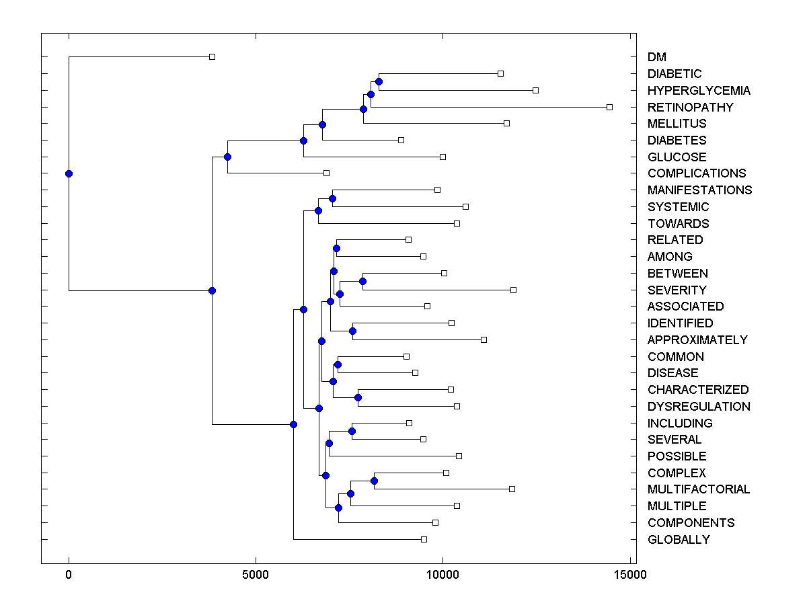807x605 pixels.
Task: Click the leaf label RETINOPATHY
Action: click(690, 107)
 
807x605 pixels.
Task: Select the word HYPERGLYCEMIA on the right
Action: click(699, 91)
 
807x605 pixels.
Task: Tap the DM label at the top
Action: click(657, 57)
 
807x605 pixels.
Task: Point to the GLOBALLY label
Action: click(679, 540)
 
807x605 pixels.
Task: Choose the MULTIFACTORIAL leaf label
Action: click(699, 489)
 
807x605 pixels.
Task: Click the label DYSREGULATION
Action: click(699, 407)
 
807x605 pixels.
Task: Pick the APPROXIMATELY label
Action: click(697, 340)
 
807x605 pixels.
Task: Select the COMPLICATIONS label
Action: click(697, 173)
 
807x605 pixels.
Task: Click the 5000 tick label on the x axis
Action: click(256, 575)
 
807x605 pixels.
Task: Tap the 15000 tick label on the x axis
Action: click(630, 575)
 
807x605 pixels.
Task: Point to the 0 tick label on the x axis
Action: click(69, 575)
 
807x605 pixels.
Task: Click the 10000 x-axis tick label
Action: click(443, 575)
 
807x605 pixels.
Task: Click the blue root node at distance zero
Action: click(69, 173)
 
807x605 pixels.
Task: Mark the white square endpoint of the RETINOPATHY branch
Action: click(610, 107)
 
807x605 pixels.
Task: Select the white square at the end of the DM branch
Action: click(212, 56)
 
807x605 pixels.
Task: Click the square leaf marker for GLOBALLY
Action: click(424, 539)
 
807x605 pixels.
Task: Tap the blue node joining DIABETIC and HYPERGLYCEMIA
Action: click(379, 81)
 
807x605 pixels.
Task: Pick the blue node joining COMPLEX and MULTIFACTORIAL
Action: click(374, 481)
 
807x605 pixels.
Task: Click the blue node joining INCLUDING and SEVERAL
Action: click(352, 431)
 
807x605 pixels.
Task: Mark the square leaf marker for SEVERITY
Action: click(513, 290)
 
